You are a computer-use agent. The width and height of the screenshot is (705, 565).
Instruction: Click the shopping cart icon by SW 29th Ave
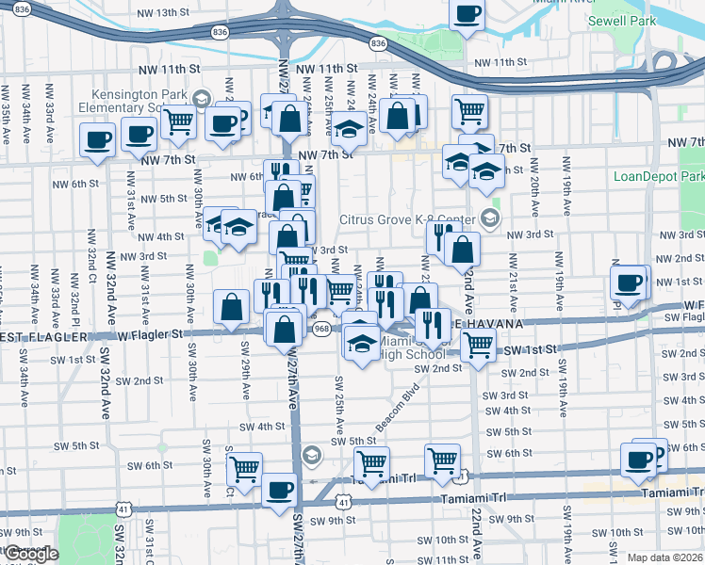pos(244,467)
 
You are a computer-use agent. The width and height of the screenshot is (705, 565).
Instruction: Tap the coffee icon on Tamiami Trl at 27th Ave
pos(280,491)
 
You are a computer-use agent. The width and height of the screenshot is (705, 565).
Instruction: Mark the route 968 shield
pos(322,329)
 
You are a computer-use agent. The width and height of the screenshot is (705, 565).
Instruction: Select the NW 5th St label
pos(164,199)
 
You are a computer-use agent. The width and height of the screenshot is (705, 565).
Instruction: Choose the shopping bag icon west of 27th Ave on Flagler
pos(232,306)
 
